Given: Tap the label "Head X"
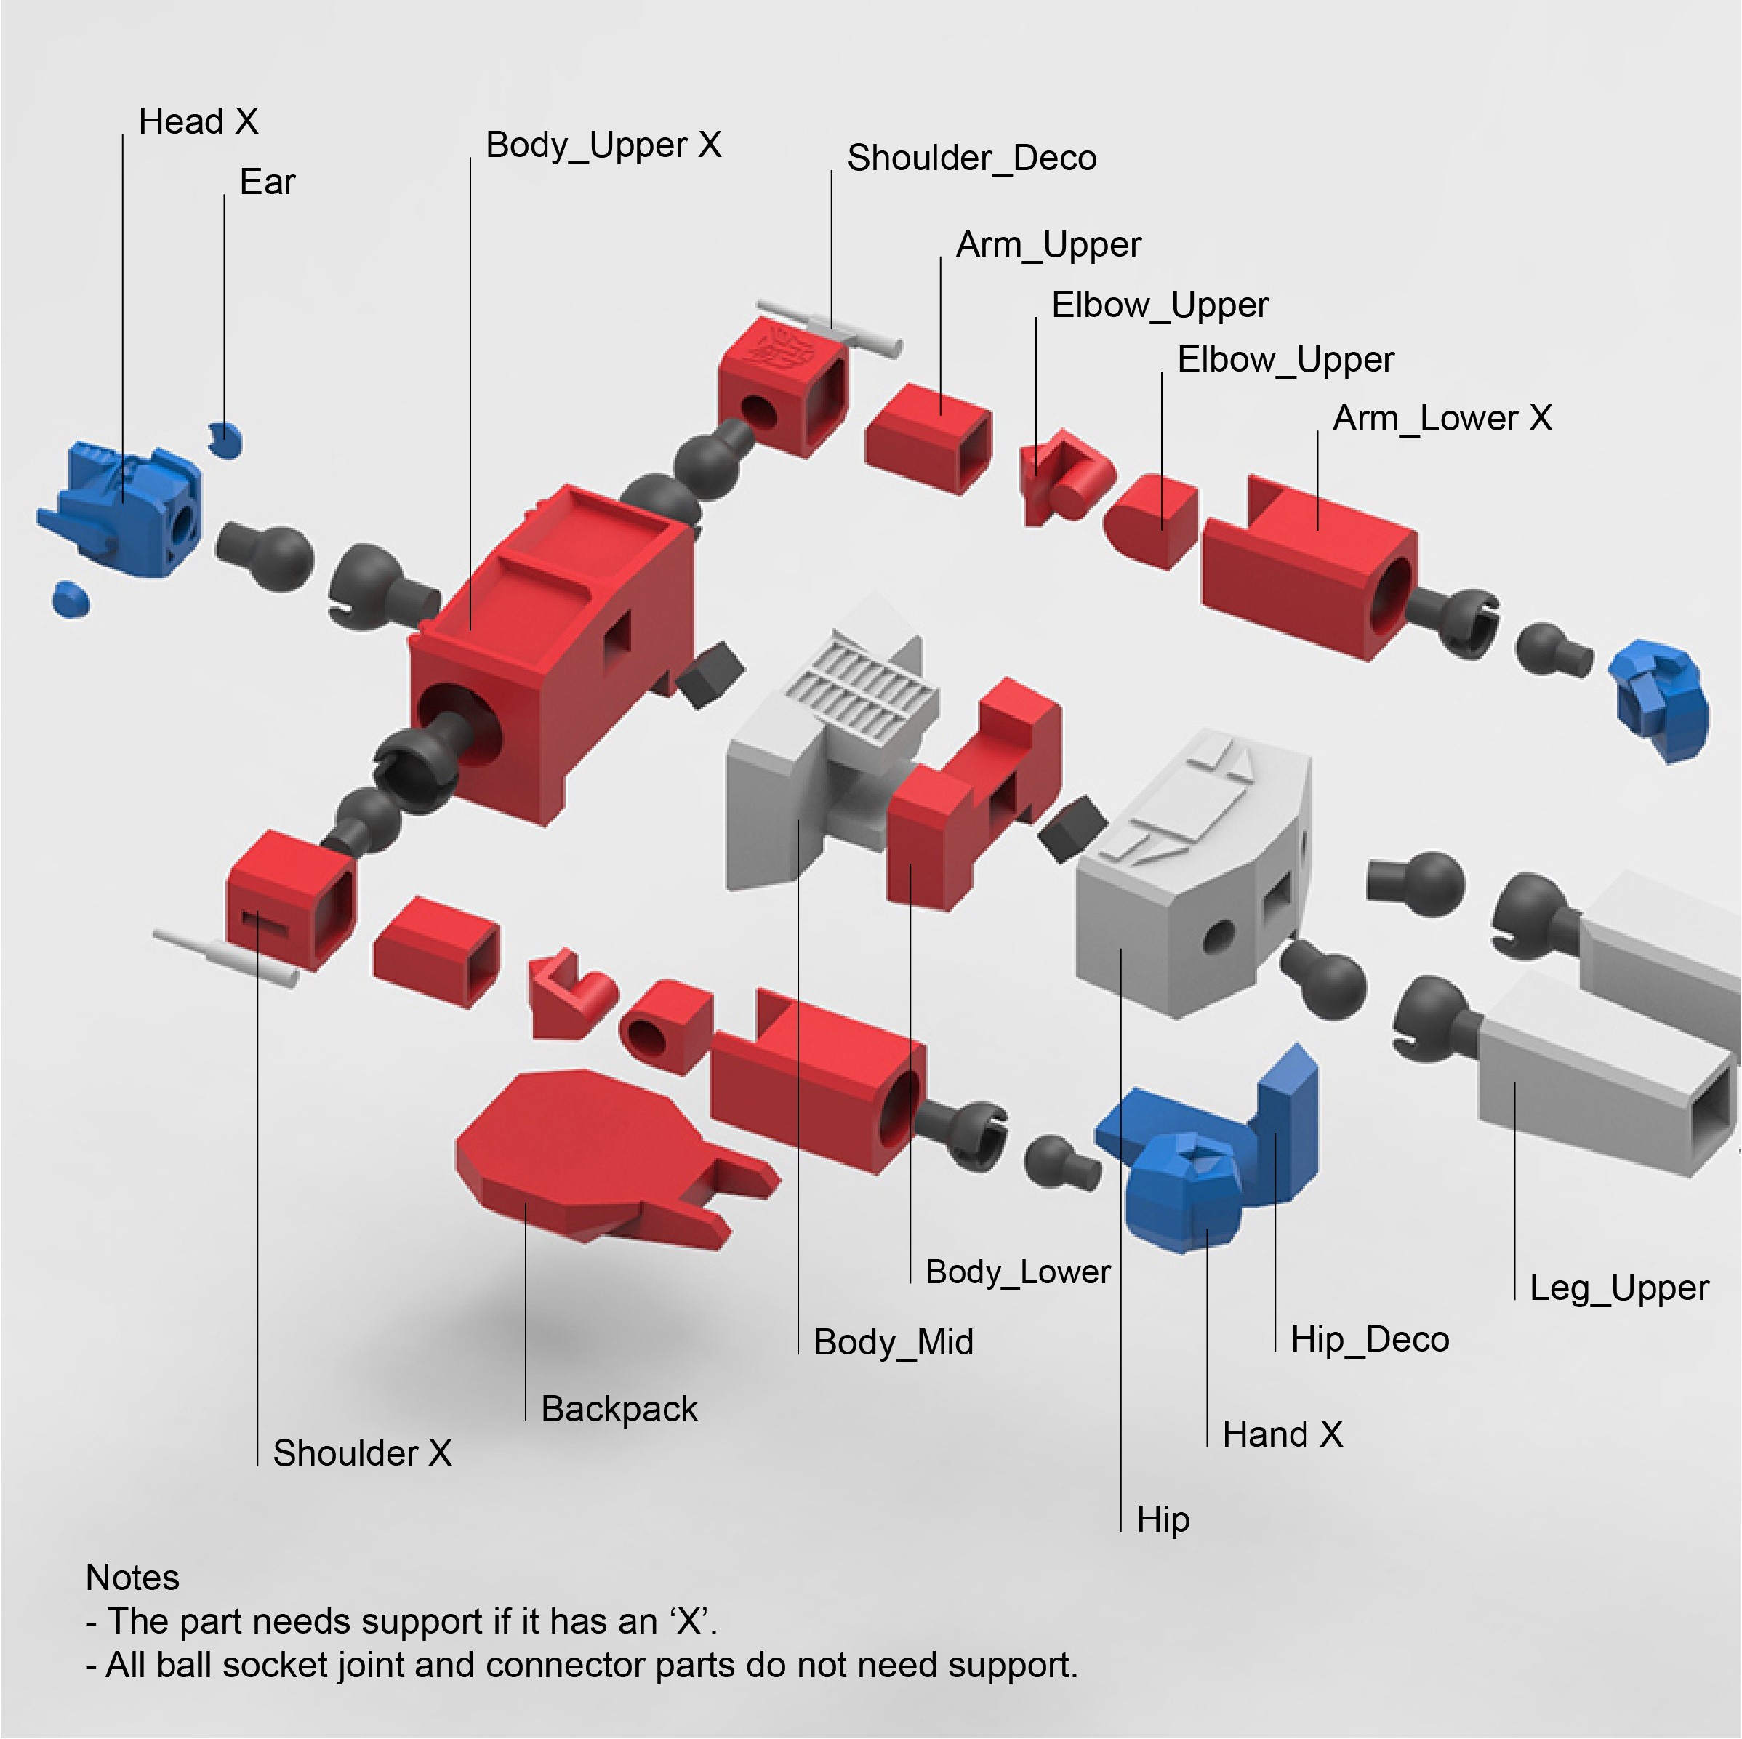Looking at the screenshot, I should [x=198, y=121].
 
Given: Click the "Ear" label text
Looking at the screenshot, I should [x=267, y=182].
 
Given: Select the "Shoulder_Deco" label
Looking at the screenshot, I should [x=971, y=158].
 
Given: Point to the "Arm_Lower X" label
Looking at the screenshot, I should [x=1442, y=418].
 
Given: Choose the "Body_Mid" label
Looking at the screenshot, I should [x=893, y=1342].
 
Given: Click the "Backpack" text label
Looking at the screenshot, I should [x=619, y=1409].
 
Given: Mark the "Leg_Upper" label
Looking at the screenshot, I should [x=1618, y=1288].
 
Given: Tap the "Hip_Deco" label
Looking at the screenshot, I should [x=1369, y=1340].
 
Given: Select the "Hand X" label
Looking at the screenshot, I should [x=1281, y=1434].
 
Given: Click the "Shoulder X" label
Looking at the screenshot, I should [x=361, y=1453].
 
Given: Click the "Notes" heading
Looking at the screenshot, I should [x=132, y=1578].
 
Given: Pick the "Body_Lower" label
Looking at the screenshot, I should [x=1017, y=1272].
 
